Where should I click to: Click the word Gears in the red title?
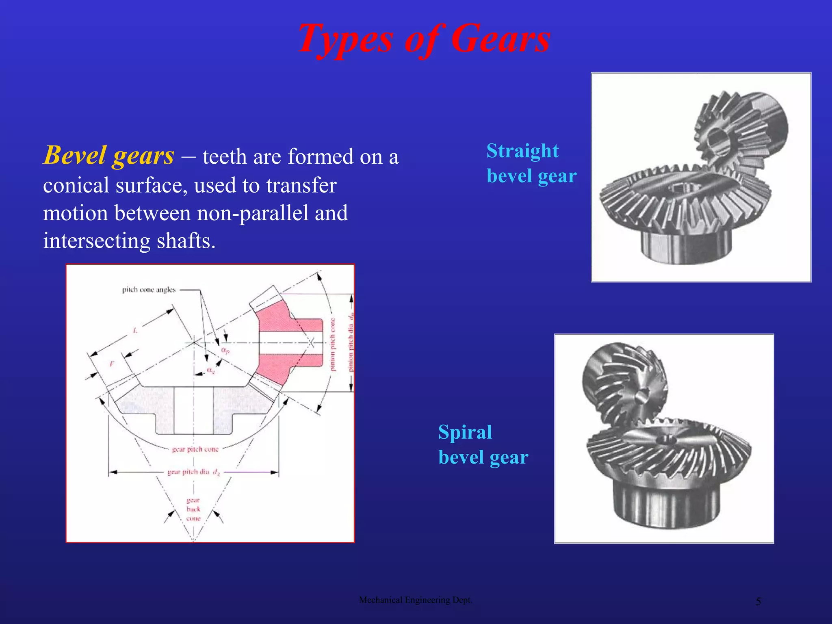coord(500,39)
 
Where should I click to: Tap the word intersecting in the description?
coord(96,240)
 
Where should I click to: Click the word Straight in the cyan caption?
coord(522,151)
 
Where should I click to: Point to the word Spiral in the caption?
coord(465,432)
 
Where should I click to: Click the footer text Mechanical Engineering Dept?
coord(415,600)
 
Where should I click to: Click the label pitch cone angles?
coord(149,290)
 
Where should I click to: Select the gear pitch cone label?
coord(195,449)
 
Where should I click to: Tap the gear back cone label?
coord(193,509)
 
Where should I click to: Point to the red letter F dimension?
coord(112,364)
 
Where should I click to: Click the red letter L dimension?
coord(135,331)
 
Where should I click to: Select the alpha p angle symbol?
coord(225,350)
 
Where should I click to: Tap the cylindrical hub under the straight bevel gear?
coord(686,246)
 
